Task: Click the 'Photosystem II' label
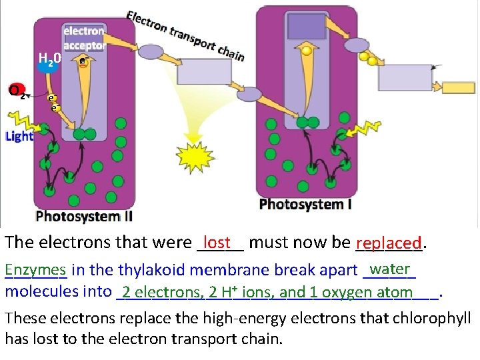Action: (84, 216)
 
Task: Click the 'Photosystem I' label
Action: (305, 203)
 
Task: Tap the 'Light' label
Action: (19, 137)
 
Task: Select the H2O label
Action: (49, 61)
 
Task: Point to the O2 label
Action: (17, 90)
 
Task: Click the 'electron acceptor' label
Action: (84, 38)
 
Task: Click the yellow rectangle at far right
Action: (459, 88)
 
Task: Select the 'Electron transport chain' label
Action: (185, 35)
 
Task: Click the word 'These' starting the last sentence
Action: (24, 319)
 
